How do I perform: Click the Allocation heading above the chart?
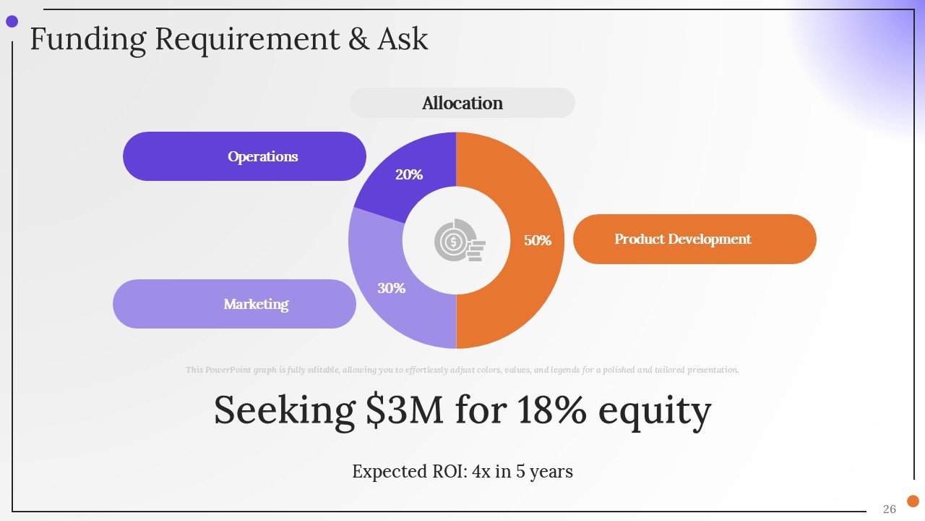(x=462, y=103)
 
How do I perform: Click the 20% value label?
(x=409, y=174)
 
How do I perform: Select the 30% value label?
(x=391, y=288)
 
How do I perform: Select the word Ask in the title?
(x=403, y=39)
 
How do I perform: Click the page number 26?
(x=890, y=509)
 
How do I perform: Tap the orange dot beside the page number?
(x=913, y=501)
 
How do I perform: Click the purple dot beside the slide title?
(x=12, y=22)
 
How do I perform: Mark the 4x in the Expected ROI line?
(x=481, y=472)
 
